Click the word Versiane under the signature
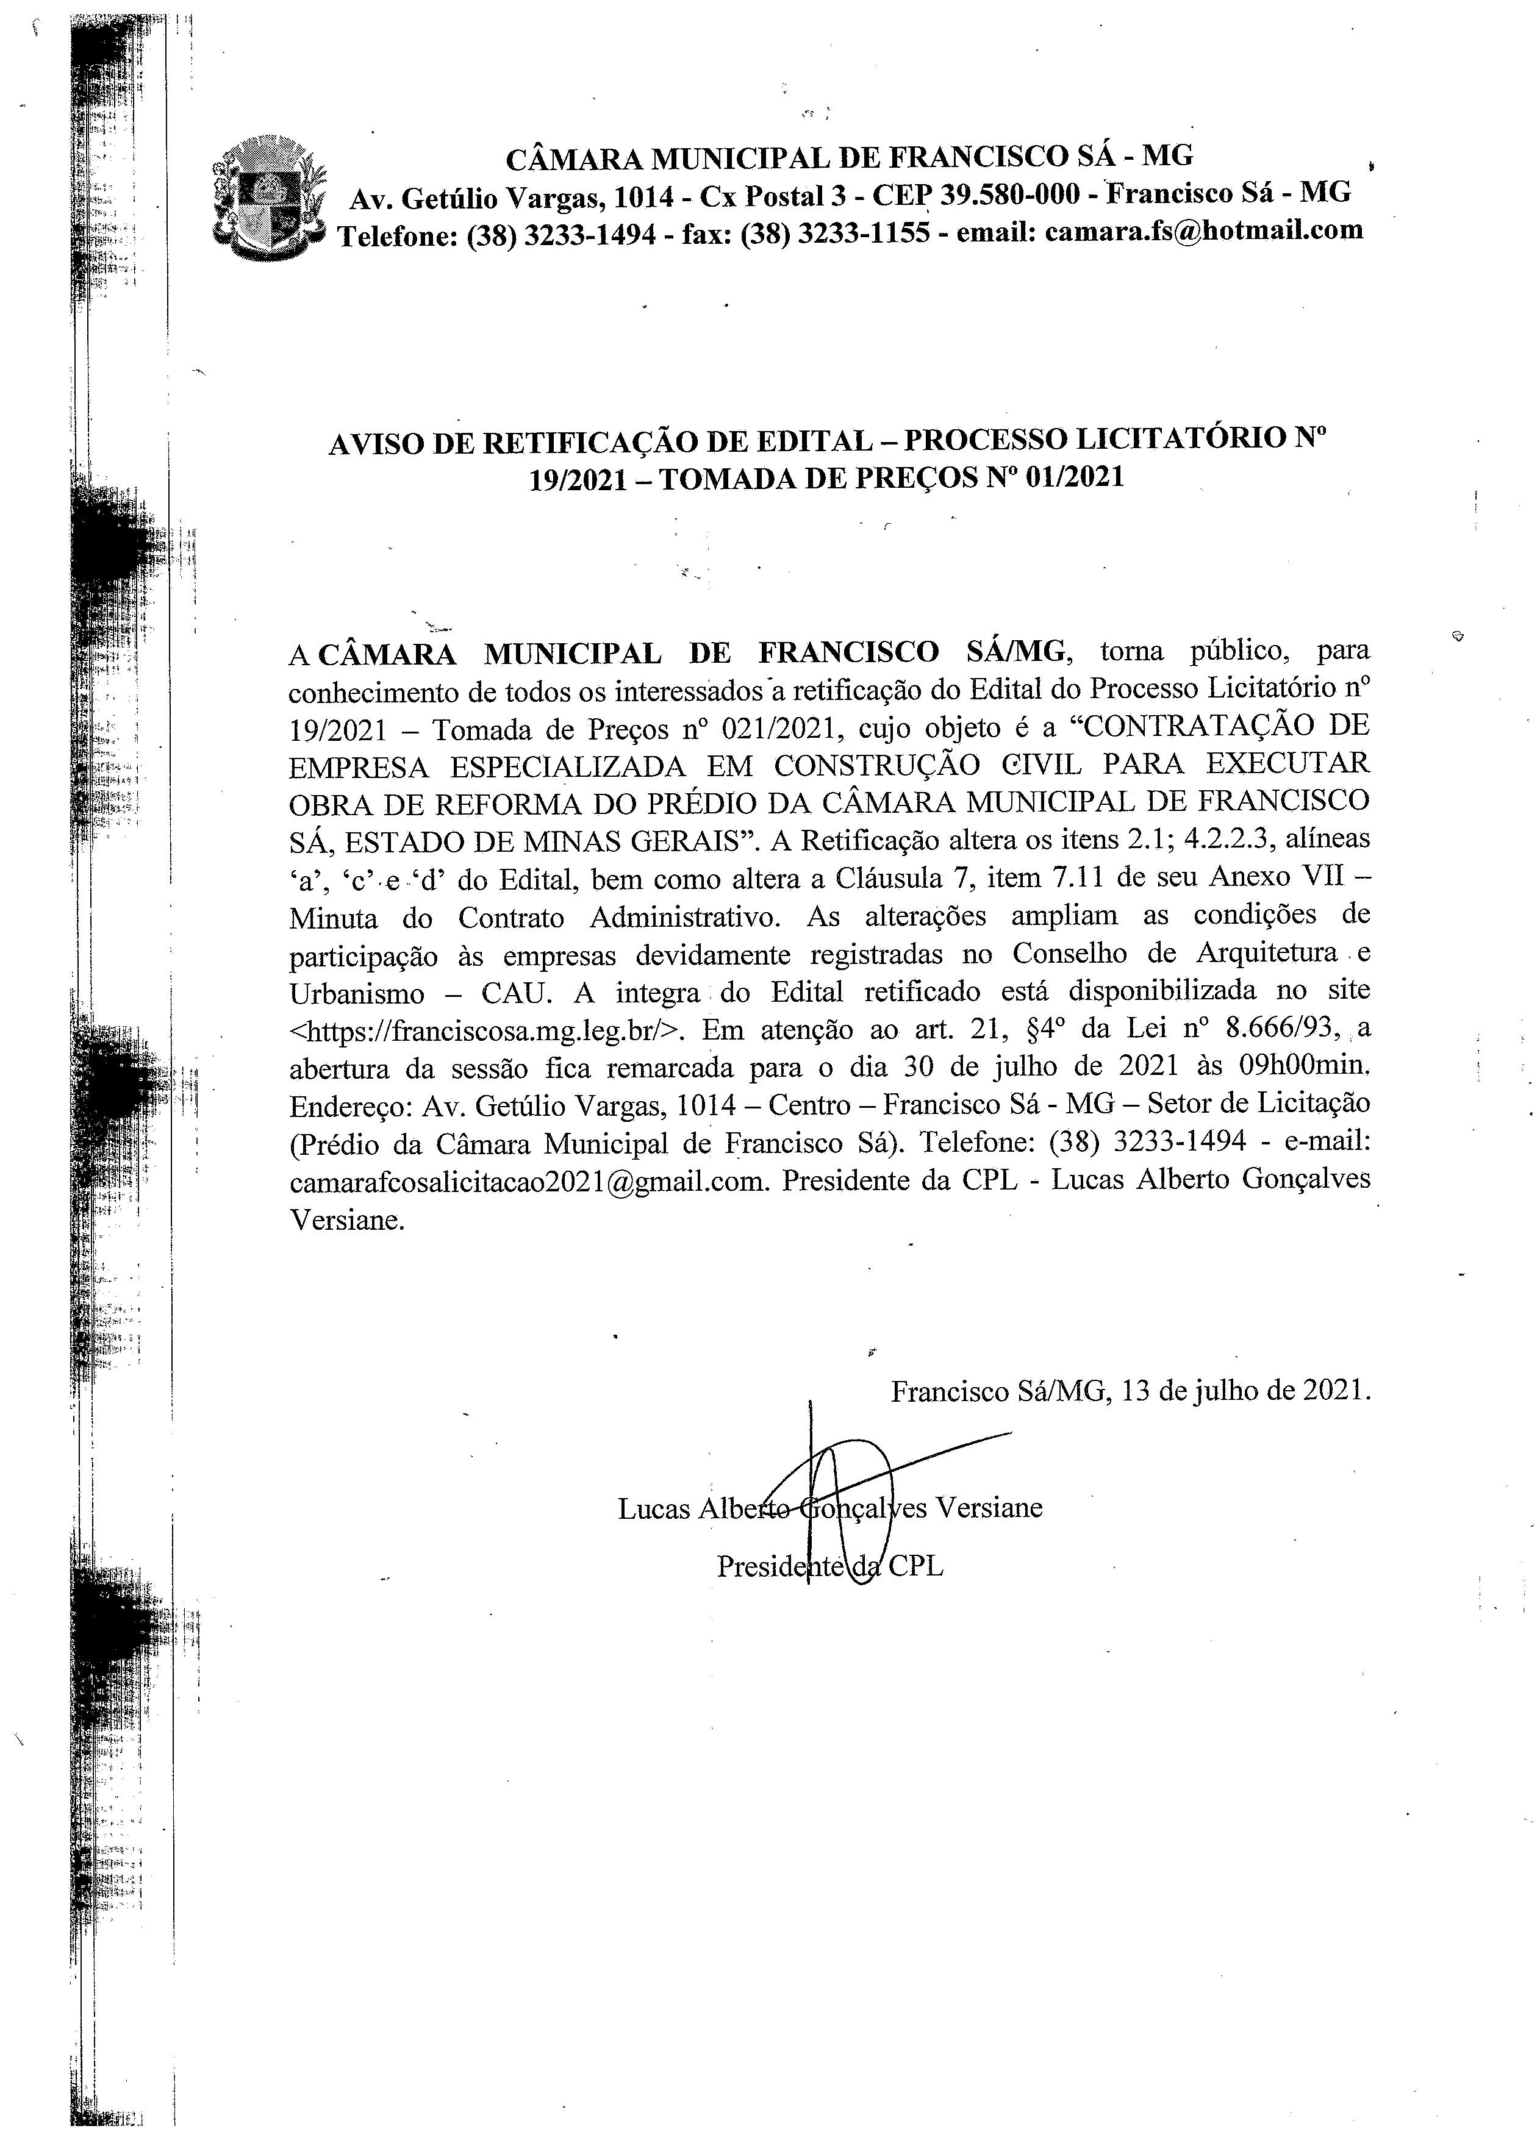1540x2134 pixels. click(989, 1508)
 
